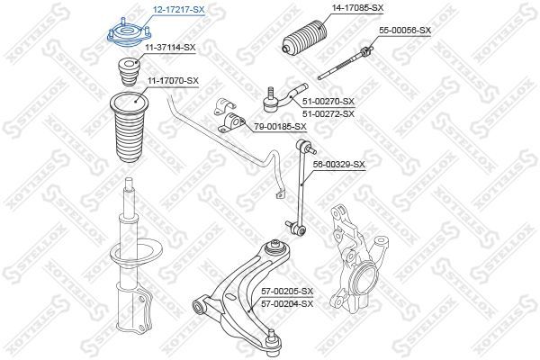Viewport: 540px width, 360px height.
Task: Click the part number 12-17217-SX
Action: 179,10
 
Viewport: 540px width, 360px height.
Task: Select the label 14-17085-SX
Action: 358,7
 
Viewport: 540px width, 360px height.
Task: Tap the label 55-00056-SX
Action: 405,31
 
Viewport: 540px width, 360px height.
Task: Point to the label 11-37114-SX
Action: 170,48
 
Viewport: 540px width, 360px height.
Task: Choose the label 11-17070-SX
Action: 173,81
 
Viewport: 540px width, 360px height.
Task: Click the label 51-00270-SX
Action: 328,102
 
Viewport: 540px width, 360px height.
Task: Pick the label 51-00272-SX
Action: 328,113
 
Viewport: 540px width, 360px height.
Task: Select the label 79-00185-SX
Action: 280,127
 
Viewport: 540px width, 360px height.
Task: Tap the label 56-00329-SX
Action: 338,165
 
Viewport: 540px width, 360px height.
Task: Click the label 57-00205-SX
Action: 287,292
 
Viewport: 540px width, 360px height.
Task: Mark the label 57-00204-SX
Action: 287,303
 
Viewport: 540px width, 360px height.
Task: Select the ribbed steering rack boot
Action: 304,38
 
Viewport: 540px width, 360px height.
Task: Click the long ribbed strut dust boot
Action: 129,127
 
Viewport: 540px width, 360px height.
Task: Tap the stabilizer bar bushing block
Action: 231,122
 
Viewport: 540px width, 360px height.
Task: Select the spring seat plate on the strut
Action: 136,254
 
